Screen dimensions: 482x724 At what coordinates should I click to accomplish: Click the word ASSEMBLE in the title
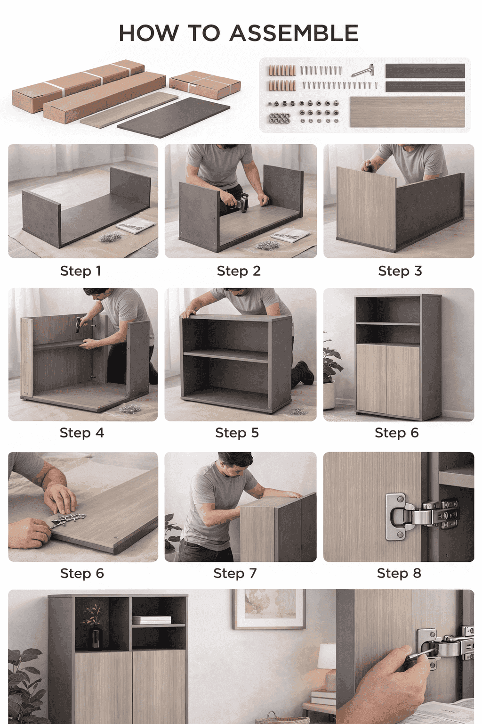[x=294, y=33]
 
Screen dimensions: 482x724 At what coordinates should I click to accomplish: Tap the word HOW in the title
[x=148, y=33]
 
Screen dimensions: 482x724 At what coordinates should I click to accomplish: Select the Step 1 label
[x=80, y=271]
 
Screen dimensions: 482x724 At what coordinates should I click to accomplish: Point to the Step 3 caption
[x=400, y=271]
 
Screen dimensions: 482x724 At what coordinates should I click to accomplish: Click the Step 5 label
[x=237, y=432]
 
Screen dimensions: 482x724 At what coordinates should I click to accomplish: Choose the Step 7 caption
[x=235, y=573]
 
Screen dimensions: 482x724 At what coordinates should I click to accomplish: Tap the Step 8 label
[x=399, y=573]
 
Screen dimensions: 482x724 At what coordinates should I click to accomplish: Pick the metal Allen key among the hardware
[x=363, y=71]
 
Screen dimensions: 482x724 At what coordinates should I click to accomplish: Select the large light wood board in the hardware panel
[x=408, y=112]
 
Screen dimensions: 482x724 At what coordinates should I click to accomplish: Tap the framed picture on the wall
[x=269, y=609]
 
